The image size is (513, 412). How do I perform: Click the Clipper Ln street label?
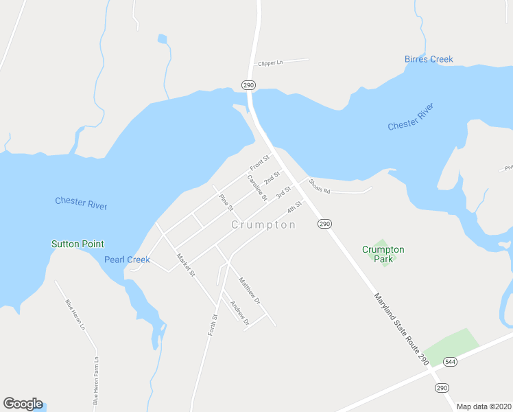click(270, 63)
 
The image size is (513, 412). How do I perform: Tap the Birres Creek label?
click(429, 60)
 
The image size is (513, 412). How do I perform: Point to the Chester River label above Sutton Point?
click(81, 203)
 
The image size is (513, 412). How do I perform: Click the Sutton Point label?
click(77, 244)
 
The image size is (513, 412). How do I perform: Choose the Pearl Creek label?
click(127, 260)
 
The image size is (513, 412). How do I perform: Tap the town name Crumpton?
click(263, 225)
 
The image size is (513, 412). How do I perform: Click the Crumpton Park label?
click(383, 254)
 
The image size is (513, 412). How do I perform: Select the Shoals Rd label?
click(320, 186)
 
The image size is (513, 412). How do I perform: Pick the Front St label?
click(259, 163)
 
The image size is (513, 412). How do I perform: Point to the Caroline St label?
click(257, 187)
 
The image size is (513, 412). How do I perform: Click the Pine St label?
click(226, 202)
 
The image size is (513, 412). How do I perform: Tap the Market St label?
click(186, 265)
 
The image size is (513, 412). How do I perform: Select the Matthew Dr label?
click(250, 290)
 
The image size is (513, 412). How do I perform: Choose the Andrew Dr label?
click(239, 313)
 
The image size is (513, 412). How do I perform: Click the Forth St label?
click(213, 325)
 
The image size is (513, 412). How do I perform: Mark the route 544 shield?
click(450, 361)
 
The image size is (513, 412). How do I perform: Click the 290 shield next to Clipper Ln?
click(248, 84)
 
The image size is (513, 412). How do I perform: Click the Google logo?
click(23, 404)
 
